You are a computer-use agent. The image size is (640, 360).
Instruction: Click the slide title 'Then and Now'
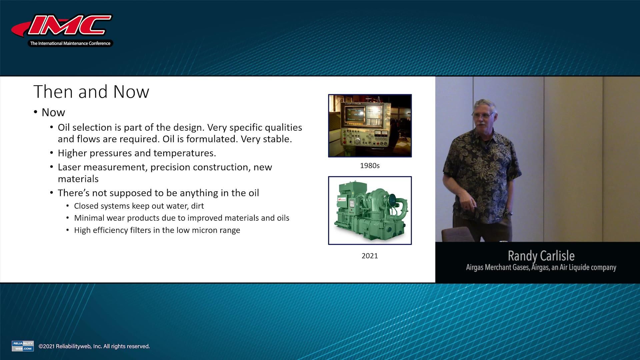91,92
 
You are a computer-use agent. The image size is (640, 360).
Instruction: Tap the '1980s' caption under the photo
370,166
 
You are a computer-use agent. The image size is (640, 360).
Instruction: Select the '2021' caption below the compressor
370,256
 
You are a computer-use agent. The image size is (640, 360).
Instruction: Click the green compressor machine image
370,210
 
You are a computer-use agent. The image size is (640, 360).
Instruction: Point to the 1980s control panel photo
370,126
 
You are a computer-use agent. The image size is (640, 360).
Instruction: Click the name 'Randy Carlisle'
541,256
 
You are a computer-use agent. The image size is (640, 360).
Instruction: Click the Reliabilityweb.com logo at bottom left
23,346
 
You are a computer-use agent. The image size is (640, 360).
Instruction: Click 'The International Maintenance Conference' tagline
70,43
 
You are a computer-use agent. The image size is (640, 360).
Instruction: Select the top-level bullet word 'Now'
53,112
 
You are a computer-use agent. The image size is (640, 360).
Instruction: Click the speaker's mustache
481,124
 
